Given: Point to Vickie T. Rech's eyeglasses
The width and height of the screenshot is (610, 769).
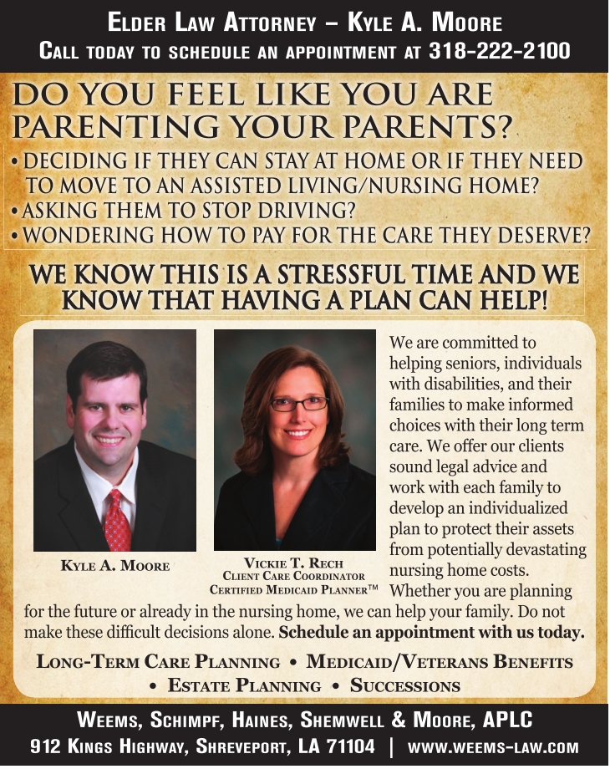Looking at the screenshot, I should pyautogui.click(x=298, y=404).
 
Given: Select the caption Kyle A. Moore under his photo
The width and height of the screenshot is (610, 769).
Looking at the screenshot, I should pyautogui.click(x=115, y=566).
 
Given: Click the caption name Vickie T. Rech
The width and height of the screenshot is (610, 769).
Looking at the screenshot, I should pyautogui.click(x=292, y=563).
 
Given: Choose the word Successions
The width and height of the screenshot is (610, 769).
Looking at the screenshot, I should pyautogui.click(x=405, y=686).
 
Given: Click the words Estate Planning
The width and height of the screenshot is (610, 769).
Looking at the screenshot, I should pyautogui.click(x=245, y=686).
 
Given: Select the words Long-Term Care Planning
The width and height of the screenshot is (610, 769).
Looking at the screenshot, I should pyautogui.click(x=159, y=663).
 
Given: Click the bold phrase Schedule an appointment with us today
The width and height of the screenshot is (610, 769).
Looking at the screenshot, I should pyautogui.click(x=431, y=632).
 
